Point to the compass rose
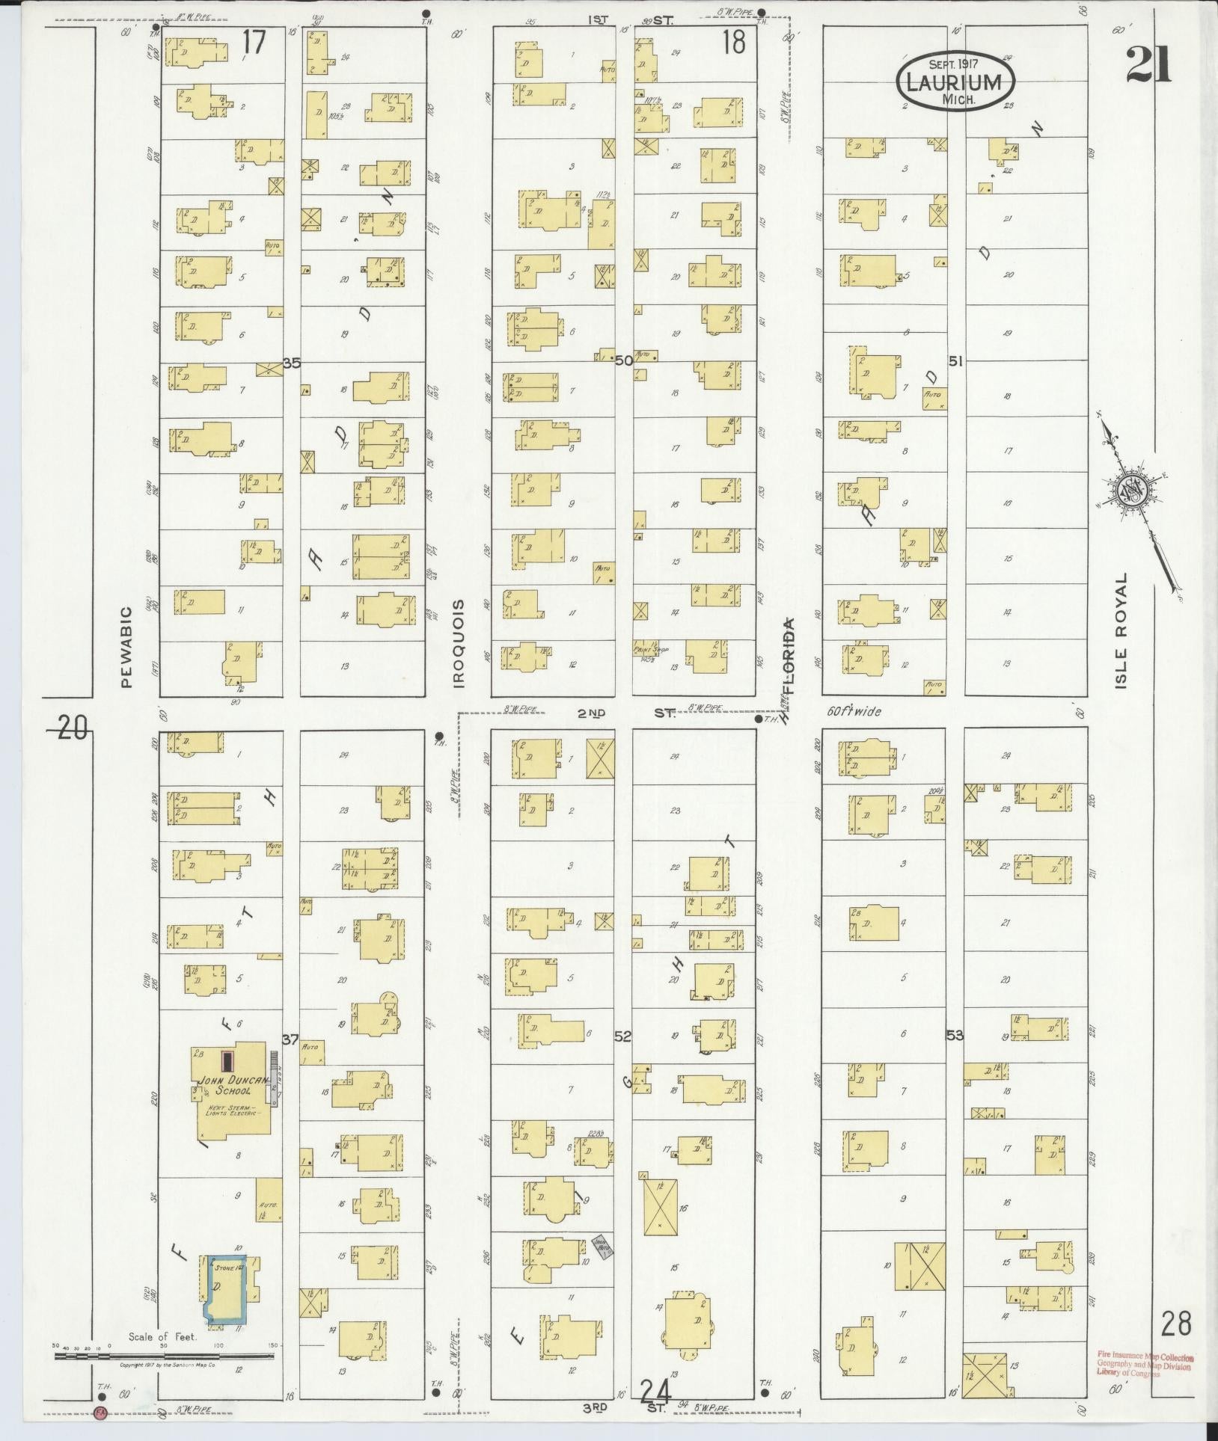[x=1135, y=491]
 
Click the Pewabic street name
[x=125, y=647]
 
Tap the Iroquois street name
[x=458, y=644]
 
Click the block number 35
[x=291, y=363]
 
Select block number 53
[x=955, y=1036]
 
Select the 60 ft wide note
[x=854, y=712]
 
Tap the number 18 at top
[x=734, y=43]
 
